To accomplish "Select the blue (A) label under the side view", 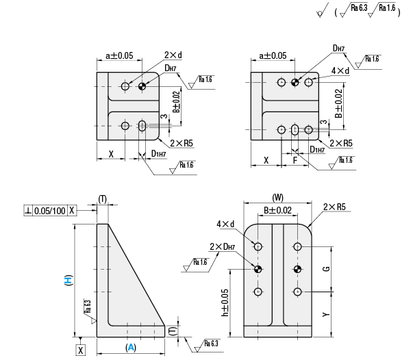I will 131,347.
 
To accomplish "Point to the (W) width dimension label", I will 277,196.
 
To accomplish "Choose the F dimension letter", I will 295,162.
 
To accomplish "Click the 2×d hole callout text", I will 172,55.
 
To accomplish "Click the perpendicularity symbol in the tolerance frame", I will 28,211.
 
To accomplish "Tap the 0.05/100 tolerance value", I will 50,211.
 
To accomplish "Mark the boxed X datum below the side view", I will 81,350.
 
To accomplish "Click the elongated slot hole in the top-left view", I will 142,126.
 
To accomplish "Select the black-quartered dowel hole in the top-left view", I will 142,86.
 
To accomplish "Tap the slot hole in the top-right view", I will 295,129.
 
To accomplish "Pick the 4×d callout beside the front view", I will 226,224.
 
